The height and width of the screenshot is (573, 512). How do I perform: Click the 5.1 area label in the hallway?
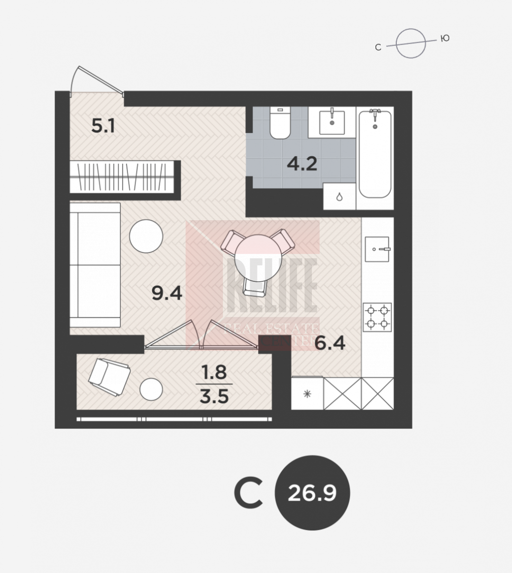[x=103, y=126]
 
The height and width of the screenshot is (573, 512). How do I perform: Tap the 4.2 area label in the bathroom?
[x=302, y=164]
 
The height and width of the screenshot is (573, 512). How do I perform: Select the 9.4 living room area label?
[x=167, y=293]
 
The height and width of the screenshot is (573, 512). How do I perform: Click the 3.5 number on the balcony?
[x=214, y=396]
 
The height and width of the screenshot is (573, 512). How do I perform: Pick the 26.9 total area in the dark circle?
[x=312, y=493]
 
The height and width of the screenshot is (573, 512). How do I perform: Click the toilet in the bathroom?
[x=280, y=123]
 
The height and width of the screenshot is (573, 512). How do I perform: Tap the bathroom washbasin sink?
[x=332, y=123]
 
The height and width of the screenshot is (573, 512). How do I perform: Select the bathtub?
[x=375, y=154]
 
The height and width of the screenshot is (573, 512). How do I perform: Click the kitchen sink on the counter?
[x=377, y=249]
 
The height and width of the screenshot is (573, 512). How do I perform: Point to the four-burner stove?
[x=377, y=317]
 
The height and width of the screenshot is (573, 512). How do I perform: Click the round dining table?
[x=258, y=258]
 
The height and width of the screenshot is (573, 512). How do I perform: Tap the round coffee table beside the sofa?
[x=146, y=236]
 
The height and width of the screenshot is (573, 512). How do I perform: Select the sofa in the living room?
[x=95, y=265]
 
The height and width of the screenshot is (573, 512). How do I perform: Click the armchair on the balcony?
[x=110, y=377]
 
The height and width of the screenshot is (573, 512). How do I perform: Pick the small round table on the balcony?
[x=151, y=389]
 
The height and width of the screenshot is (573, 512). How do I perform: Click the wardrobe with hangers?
[x=122, y=177]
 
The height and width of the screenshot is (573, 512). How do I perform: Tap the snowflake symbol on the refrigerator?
[x=307, y=394]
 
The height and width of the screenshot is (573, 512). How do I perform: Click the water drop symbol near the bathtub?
[x=339, y=197]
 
